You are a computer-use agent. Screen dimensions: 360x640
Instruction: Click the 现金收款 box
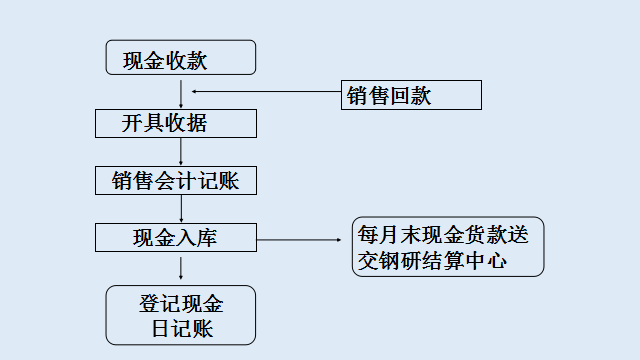click(x=181, y=58)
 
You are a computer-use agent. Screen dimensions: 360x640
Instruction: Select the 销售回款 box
click(x=411, y=96)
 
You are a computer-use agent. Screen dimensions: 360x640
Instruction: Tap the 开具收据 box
click(x=175, y=123)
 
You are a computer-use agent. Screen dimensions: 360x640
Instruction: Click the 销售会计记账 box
click(x=175, y=181)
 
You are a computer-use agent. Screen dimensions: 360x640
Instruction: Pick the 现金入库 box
click(x=175, y=238)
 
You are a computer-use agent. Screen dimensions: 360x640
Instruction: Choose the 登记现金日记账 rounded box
click(x=181, y=315)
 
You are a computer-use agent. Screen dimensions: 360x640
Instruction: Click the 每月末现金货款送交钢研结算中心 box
click(x=448, y=247)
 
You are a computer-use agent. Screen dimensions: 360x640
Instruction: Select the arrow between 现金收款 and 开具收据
click(x=181, y=91)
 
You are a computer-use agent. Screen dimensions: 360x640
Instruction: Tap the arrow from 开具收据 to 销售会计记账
click(x=181, y=151)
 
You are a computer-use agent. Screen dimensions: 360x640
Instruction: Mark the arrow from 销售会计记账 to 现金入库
click(x=181, y=209)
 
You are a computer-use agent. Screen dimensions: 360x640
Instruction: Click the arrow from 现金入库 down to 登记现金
click(x=181, y=267)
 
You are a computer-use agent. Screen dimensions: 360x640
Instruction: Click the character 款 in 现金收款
click(x=197, y=60)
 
